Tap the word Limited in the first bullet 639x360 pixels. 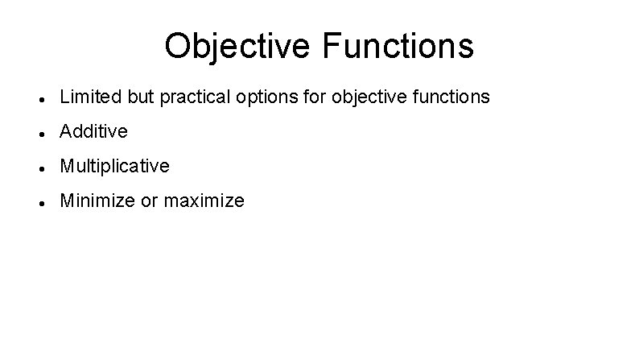(85, 97)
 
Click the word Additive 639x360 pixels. (94, 132)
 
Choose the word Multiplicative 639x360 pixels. (114, 167)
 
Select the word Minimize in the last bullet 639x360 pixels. (97, 201)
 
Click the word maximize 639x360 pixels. (204, 201)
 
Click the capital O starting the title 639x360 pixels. (177, 47)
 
